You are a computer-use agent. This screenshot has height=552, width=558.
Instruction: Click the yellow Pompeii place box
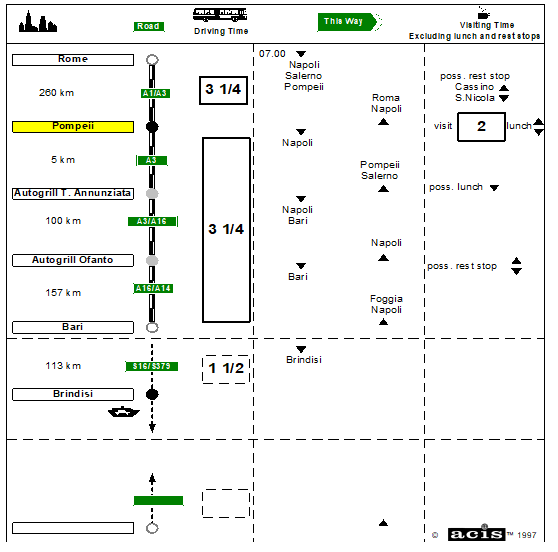[73, 127]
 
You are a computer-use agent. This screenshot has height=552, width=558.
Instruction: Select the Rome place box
[73, 60]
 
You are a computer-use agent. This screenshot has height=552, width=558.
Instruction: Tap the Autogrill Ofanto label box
[73, 260]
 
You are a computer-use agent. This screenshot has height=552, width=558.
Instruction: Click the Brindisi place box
[73, 394]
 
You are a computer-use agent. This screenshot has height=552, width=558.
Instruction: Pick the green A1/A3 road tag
[155, 93]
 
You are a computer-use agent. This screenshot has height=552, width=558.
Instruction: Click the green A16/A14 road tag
[153, 288]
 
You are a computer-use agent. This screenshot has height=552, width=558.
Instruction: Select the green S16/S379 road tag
[152, 366]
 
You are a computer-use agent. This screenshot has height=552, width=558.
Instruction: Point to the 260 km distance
[57, 93]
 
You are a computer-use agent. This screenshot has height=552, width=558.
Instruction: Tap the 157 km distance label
[63, 293]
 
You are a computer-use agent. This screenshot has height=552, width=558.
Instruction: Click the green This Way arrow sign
[347, 22]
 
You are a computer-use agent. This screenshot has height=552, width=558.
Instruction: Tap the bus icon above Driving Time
[220, 15]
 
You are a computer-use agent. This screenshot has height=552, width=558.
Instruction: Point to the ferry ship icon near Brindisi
[124, 412]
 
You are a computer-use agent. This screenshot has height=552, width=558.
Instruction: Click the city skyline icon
[38, 22]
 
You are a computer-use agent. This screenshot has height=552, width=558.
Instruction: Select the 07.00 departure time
[272, 54]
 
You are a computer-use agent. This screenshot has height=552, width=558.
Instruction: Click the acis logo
[477, 533]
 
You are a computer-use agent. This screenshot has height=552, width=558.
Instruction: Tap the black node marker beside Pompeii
[152, 127]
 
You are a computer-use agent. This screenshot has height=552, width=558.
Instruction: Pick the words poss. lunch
[456, 187]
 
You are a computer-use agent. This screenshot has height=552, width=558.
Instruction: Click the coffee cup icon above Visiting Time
[483, 13]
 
